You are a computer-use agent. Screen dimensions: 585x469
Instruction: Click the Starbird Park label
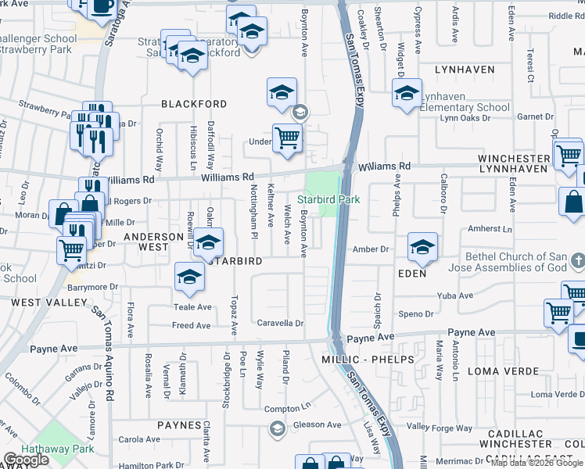click(328, 199)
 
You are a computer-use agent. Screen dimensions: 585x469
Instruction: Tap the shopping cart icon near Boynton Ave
click(287, 138)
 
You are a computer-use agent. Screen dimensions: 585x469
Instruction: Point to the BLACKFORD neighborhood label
click(194, 104)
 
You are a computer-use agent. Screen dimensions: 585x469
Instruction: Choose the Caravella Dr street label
click(280, 323)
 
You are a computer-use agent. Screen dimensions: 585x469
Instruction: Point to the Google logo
click(26, 460)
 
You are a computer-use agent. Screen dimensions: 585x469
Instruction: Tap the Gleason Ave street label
click(317, 425)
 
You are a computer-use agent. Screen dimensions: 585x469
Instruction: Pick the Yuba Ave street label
click(457, 295)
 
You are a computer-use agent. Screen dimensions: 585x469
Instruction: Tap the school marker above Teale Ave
click(188, 277)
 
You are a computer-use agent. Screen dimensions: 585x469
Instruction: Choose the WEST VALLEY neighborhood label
click(37, 302)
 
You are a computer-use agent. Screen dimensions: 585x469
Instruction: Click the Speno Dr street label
click(416, 314)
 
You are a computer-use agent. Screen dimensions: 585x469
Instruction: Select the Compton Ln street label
click(282, 409)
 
